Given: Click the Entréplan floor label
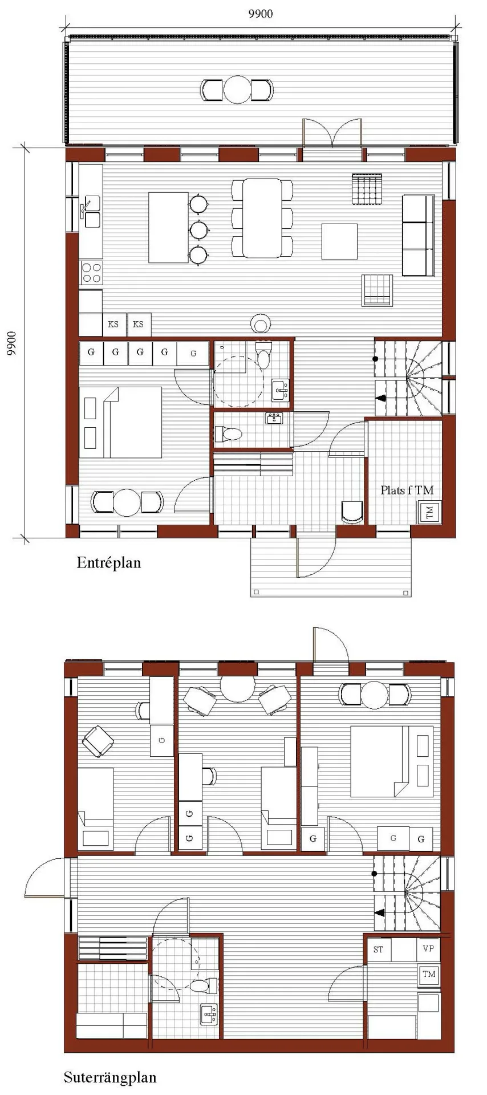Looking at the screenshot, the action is (x=108, y=563).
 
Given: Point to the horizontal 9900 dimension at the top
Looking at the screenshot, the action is (x=261, y=14).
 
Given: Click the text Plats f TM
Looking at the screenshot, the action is (x=407, y=489).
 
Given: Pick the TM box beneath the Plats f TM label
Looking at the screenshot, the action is (x=430, y=512).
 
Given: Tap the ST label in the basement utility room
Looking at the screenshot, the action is (x=379, y=950).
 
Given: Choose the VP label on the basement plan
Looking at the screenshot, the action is (x=428, y=948).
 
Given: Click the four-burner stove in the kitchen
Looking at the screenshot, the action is (x=91, y=273).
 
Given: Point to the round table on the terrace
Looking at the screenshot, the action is (x=237, y=90).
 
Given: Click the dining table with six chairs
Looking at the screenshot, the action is (x=262, y=218).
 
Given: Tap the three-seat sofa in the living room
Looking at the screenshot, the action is (x=418, y=235).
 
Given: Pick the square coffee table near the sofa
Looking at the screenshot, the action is (x=339, y=241).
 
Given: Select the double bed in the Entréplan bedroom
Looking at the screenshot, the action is (x=120, y=422).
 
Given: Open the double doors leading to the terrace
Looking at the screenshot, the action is (x=332, y=134).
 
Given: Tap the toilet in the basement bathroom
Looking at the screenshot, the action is (x=204, y=985).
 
